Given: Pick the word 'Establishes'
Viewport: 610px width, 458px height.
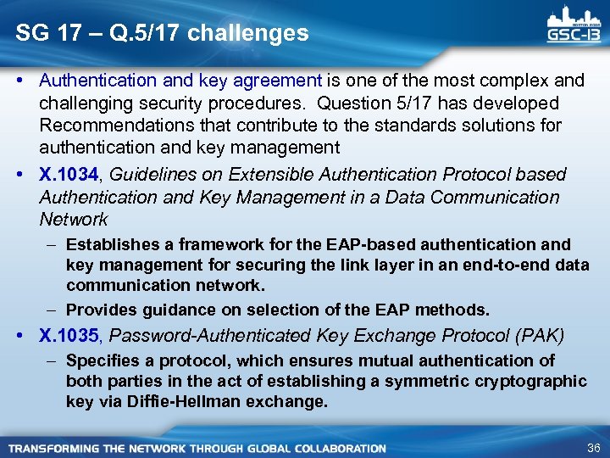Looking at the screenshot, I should coord(105,245).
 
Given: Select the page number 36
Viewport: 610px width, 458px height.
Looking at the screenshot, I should coord(591,447).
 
